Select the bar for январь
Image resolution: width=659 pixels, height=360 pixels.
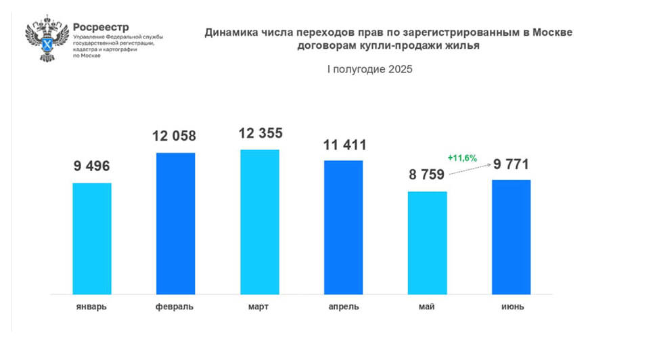coord(92,238)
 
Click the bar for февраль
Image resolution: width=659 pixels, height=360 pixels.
coord(176,223)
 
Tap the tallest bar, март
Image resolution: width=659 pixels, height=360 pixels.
coord(259,221)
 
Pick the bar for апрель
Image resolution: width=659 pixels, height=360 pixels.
coord(343,227)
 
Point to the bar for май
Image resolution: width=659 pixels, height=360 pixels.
coord(428,242)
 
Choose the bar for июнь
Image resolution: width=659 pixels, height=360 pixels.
coord(511,237)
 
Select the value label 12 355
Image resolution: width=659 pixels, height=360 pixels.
coord(260,133)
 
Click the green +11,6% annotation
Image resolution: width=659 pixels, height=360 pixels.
coord(463,158)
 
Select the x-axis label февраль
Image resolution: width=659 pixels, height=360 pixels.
coord(175,307)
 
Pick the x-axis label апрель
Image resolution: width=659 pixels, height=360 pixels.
coord(343,307)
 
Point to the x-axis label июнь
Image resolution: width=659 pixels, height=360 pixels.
coord(511,307)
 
